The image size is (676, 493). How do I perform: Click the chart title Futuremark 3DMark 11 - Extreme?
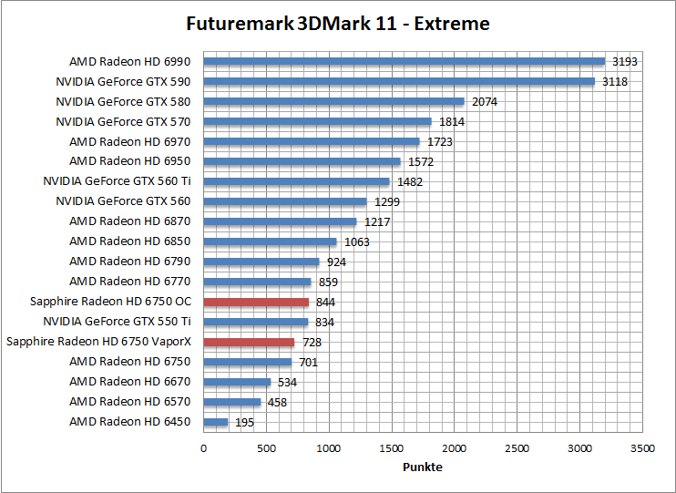337,24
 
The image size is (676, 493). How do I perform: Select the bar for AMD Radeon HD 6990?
404,62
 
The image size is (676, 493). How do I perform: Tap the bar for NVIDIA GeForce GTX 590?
399,82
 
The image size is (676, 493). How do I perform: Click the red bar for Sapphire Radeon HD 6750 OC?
256,302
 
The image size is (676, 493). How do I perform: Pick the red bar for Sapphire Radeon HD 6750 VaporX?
249,342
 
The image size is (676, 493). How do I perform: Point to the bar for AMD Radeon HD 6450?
215,422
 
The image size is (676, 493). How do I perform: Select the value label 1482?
410,182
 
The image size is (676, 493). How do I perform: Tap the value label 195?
244,422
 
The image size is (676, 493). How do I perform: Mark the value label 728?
312,342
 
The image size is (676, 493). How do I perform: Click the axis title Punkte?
422,467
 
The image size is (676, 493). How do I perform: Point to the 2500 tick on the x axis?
517,448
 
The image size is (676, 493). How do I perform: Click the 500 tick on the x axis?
266,448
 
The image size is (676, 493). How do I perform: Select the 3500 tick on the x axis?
643,448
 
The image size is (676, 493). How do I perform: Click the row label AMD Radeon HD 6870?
130,221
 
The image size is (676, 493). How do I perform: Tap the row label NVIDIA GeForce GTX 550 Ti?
117,322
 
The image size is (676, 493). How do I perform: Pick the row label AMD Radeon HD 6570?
130,402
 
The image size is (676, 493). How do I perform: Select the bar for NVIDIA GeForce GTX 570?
317,122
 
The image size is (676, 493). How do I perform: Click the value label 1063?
357,241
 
